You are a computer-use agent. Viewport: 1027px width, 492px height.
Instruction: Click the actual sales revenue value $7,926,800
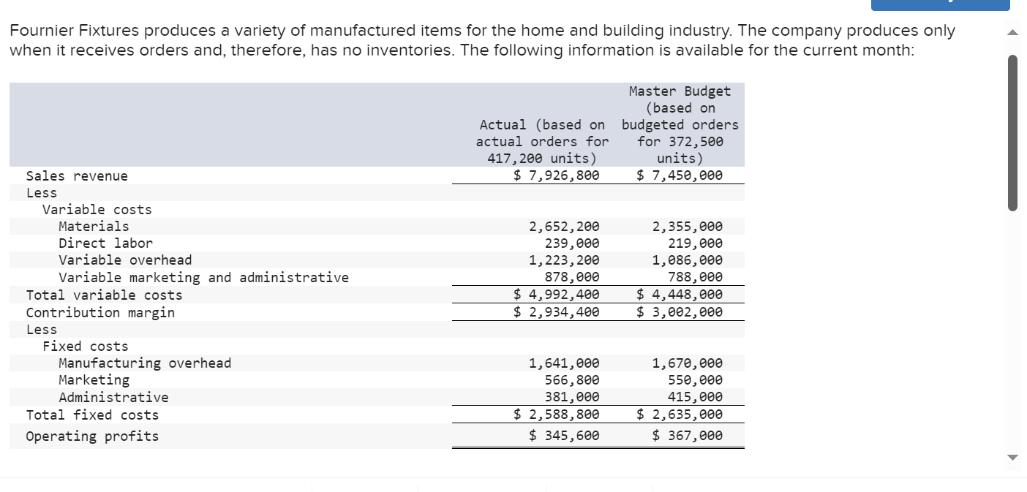(556, 175)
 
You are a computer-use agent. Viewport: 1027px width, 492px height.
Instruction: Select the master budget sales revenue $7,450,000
(680, 175)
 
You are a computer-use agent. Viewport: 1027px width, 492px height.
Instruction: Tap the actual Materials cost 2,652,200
(564, 227)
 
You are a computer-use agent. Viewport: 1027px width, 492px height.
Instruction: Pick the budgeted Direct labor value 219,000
(695, 243)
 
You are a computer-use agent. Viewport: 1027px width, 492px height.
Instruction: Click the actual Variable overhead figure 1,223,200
(564, 260)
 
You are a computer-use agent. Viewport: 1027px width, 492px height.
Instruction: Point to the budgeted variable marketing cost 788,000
(695, 277)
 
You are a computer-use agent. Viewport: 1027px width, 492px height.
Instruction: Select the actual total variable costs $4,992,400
(556, 295)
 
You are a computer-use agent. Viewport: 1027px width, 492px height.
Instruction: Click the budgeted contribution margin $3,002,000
(680, 312)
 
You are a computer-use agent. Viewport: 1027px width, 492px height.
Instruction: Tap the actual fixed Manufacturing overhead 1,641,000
(564, 363)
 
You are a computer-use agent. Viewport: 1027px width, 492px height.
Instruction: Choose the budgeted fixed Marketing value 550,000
(695, 380)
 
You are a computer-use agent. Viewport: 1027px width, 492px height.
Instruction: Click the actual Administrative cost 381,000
(572, 398)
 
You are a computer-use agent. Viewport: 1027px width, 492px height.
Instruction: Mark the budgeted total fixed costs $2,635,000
(680, 415)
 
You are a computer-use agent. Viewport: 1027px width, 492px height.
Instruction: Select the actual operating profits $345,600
(564, 436)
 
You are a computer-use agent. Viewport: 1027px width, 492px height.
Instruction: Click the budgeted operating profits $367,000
(687, 436)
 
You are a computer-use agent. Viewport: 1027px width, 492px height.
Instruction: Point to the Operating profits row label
(92, 436)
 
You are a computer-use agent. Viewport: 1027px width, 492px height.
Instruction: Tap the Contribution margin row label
(100, 313)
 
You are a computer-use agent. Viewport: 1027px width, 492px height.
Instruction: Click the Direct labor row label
(105, 243)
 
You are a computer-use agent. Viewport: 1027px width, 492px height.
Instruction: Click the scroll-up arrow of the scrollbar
(1012, 31)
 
